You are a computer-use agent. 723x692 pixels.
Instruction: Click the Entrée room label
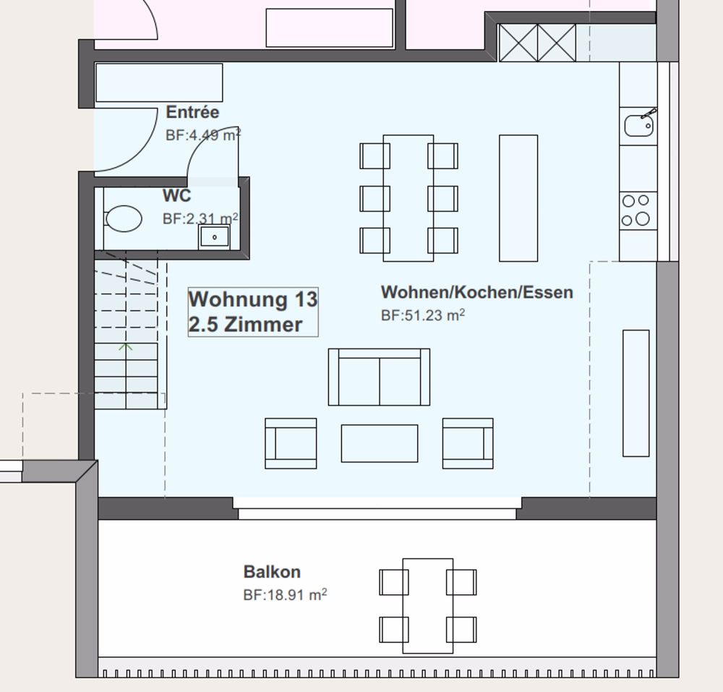coord(192,112)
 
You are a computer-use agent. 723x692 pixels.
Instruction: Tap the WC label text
coord(176,195)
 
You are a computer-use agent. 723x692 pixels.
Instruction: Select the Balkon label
coord(272,572)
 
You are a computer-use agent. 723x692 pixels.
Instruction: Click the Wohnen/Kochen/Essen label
coord(476,292)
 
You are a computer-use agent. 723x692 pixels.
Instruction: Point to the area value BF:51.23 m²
coord(423,315)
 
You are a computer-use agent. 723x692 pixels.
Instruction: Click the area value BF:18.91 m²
coord(285,594)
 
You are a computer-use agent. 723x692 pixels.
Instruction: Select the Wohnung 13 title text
coord(252,299)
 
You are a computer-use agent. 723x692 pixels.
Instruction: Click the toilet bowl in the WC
coord(123,218)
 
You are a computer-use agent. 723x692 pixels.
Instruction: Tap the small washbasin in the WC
coord(214,237)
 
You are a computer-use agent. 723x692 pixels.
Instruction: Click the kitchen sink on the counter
coord(638,125)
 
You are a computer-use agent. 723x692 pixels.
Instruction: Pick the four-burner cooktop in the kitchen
coord(638,210)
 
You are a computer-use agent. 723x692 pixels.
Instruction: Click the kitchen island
coord(518,198)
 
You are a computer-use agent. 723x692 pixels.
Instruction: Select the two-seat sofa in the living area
coord(379,377)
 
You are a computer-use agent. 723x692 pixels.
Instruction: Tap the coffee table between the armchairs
coord(380,443)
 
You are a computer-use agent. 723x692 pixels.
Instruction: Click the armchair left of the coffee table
coord(291,443)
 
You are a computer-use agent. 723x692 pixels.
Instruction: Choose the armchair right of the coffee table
coord(468,443)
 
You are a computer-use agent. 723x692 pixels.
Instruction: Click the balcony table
coord(428,606)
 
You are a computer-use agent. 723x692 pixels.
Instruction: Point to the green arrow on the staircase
coord(125,346)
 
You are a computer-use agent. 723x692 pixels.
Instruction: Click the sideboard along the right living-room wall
coord(636,393)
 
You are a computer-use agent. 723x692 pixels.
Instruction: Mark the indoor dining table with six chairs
coord(408,198)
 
